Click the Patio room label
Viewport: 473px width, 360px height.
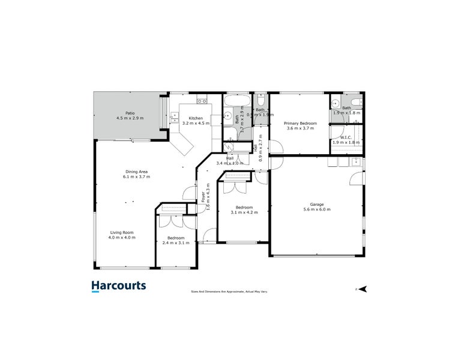pos(129,113)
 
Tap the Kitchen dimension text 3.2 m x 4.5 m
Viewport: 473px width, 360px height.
pos(196,123)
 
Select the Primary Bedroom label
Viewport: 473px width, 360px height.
pos(300,122)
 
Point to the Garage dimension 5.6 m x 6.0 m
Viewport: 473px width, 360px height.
pos(316,209)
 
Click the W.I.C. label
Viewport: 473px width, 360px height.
pos(346,137)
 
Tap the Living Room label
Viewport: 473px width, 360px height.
pos(121,232)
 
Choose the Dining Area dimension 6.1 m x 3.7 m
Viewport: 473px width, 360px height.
pos(136,177)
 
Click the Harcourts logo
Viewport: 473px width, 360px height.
pos(118,286)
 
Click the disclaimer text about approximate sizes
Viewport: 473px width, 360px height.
pos(229,291)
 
